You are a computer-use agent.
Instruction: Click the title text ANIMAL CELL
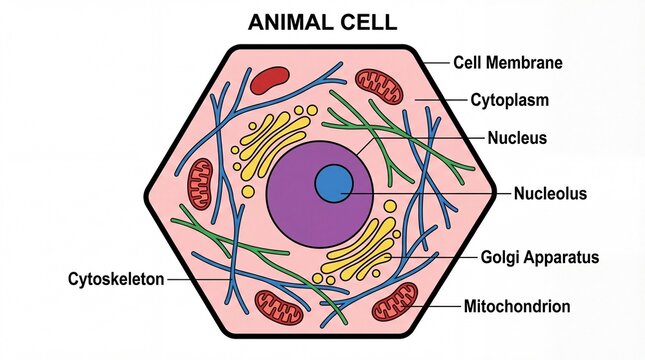point(322,21)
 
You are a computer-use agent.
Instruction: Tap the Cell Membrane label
point(507,63)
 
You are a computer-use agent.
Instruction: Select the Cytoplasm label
point(510,100)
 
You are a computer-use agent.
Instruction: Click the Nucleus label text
point(517,138)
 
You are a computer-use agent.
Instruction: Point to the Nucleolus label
point(550,194)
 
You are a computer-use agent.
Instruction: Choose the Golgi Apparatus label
point(540,257)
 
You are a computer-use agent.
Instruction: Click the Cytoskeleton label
point(116,279)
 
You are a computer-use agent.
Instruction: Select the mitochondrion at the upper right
point(380,87)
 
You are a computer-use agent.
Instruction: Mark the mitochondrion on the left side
point(201,183)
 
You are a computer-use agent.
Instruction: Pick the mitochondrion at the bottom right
point(395,300)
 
